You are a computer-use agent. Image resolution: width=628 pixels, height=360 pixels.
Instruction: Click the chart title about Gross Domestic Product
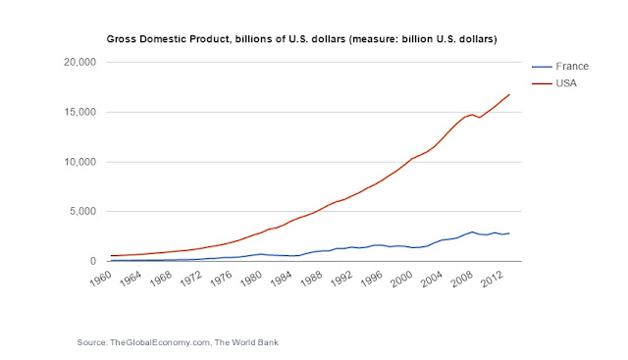pyautogui.click(x=301, y=39)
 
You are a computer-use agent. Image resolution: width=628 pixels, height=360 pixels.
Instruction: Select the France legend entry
pyautogui.click(x=560, y=66)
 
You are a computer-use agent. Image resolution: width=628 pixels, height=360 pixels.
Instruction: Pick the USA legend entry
pyautogui.click(x=554, y=83)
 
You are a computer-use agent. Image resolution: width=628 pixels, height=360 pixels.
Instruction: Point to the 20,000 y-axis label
pyautogui.click(x=80, y=62)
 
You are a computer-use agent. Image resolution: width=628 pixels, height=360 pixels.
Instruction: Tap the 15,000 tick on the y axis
pyautogui.click(x=80, y=112)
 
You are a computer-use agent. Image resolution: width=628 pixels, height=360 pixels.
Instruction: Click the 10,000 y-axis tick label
pyautogui.click(x=80, y=162)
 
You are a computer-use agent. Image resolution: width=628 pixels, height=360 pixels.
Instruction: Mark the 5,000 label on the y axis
pyautogui.click(x=82, y=211)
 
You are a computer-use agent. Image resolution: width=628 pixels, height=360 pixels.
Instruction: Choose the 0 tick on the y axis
pyautogui.click(x=93, y=261)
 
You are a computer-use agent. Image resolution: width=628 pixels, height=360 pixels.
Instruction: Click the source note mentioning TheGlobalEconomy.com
pyautogui.click(x=178, y=342)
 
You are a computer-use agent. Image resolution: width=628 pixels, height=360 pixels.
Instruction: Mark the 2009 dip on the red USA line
pyautogui.click(x=480, y=118)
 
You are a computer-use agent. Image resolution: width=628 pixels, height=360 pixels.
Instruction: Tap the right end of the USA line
pyautogui.click(x=509, y=94)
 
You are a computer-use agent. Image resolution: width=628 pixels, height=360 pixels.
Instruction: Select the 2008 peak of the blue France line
pyautogui.click(x=472, y=231)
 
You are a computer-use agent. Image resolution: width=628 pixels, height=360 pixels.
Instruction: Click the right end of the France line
pyautogui.click(x=509, y=233)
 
